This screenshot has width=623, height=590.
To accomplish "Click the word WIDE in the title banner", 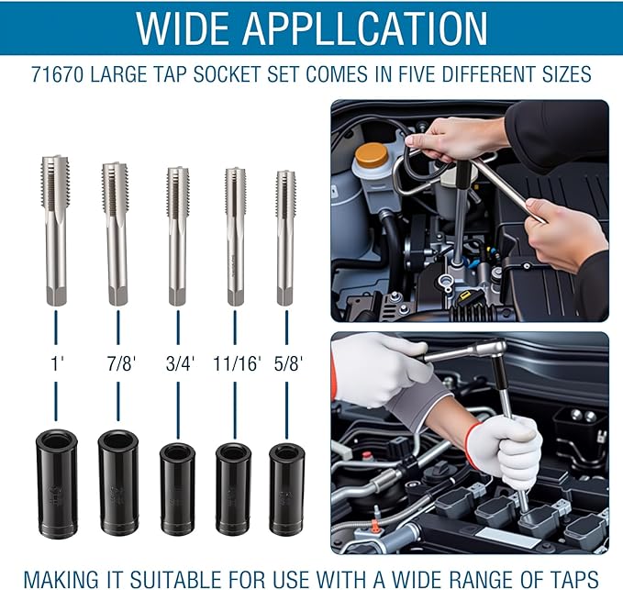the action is [184, 28].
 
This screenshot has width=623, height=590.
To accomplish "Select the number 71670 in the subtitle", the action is [57, 74].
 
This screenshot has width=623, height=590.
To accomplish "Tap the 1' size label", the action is [58, 363].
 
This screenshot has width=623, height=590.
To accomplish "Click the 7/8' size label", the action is [121, 363].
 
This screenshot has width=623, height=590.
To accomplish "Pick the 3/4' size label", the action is [180, 363].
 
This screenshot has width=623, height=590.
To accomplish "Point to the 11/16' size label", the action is [238, 363].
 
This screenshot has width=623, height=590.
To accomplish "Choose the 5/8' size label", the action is [288, 363].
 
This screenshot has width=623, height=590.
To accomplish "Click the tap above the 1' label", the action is [55, 230].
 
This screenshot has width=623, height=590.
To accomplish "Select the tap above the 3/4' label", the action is [178, 236].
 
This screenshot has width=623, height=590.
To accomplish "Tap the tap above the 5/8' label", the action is [285, 238].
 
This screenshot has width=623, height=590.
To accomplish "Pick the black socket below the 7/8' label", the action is [118, 483].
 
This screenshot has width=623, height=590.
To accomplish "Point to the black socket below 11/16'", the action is [234, 489].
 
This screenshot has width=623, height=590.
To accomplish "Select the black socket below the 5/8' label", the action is [287, 489].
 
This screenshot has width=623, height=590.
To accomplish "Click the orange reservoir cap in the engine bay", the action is [372, 156].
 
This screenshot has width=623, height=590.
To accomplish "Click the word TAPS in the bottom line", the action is [574, 579].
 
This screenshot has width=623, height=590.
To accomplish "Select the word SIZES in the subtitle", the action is [567, 74].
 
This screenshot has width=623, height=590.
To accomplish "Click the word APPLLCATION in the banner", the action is [365, 28].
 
